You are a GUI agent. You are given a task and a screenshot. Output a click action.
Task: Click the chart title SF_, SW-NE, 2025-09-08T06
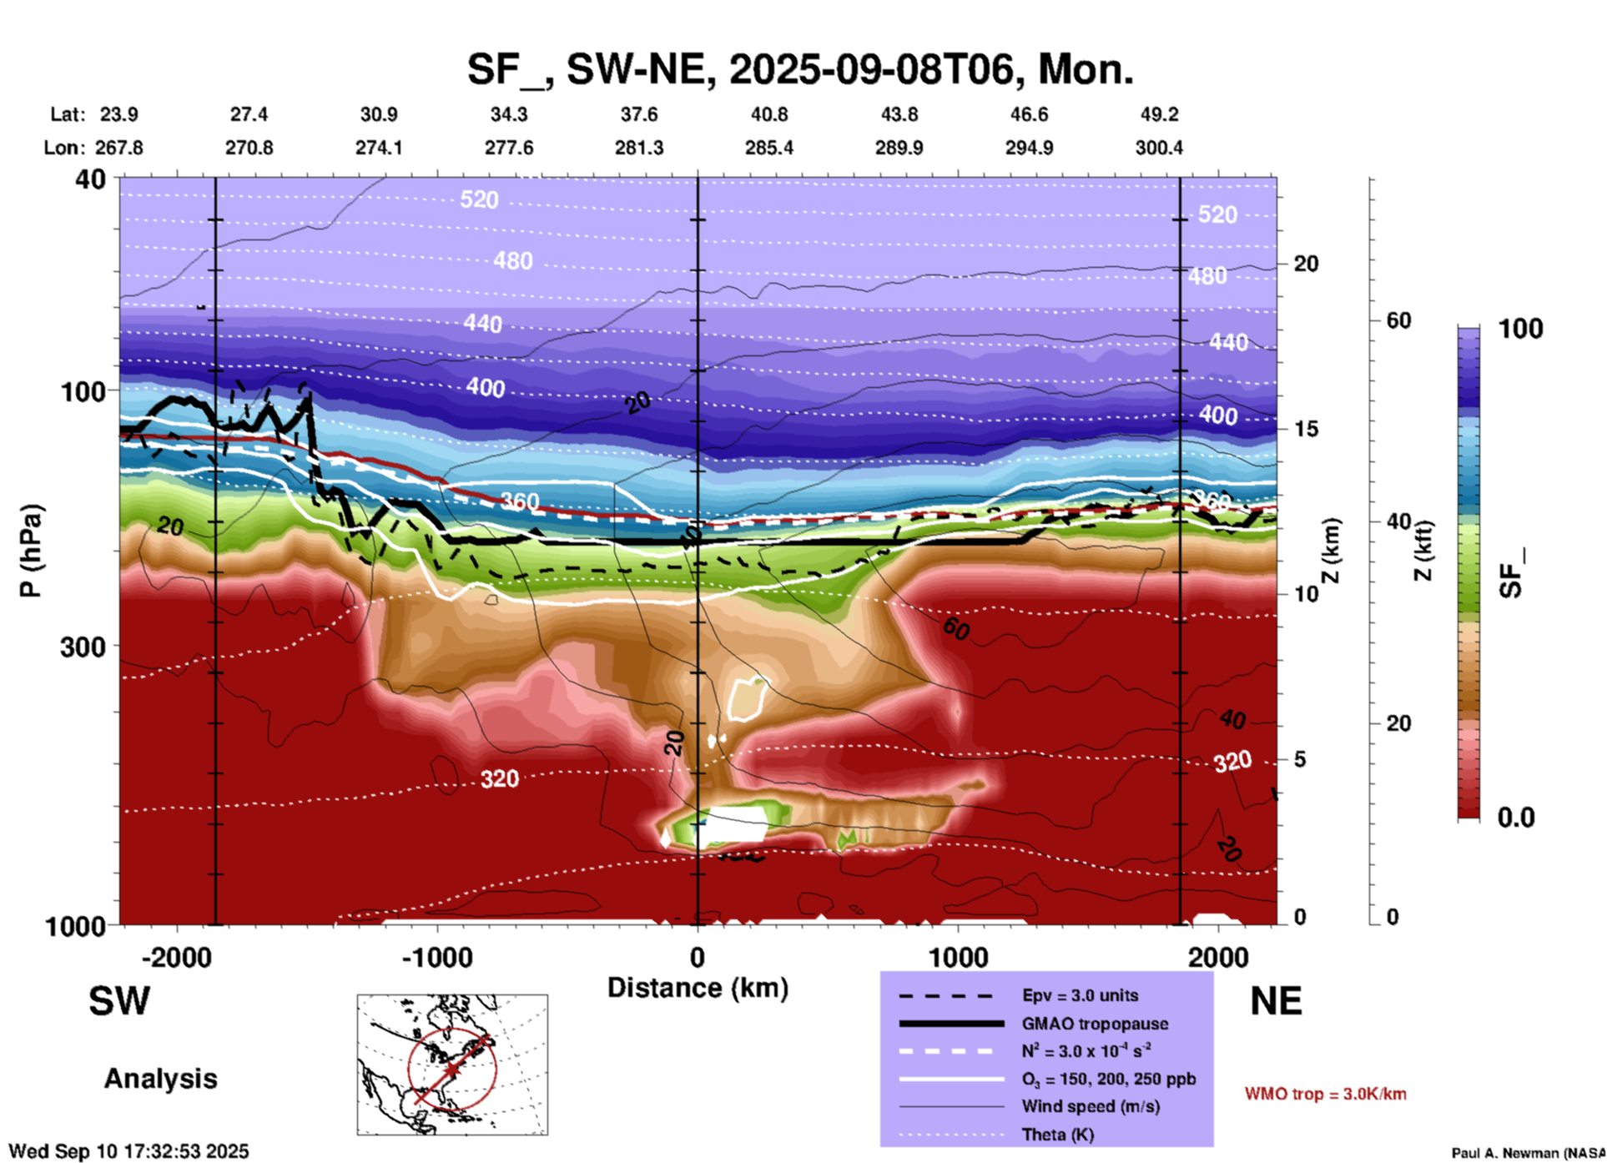coord(799,69)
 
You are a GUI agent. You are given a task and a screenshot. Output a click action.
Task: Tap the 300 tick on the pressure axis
coord(83,647)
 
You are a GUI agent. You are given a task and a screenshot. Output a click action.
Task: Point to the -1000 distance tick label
coord(436,957)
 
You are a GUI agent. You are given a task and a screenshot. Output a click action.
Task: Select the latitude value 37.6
coord(639,114)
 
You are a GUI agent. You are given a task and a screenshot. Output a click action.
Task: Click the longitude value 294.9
coord(1029,148)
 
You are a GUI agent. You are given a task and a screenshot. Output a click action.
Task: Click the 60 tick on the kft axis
coord(1398,320)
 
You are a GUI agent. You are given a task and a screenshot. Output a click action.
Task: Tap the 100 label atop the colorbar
coord(1520,329)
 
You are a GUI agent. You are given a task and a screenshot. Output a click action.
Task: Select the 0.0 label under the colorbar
coord(1516,818)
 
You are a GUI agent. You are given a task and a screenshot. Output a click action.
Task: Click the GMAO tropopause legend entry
coord(1095,1024)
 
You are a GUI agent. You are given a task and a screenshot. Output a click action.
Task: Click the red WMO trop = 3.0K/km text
coord(1325,1094)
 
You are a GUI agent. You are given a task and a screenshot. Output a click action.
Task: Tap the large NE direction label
coord(1276,1001)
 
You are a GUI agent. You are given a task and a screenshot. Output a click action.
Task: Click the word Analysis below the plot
coord(160,1079)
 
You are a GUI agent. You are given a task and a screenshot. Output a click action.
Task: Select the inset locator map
coord(452,1065)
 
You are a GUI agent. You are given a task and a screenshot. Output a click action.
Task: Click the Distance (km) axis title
coord(698,988)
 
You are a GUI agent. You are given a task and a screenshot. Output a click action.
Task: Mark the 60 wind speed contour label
coord(956,628)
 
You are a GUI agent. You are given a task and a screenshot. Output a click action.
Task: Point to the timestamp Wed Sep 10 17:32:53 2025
coord(128,1151)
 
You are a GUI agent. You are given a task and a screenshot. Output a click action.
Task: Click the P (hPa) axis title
coord(31,551)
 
